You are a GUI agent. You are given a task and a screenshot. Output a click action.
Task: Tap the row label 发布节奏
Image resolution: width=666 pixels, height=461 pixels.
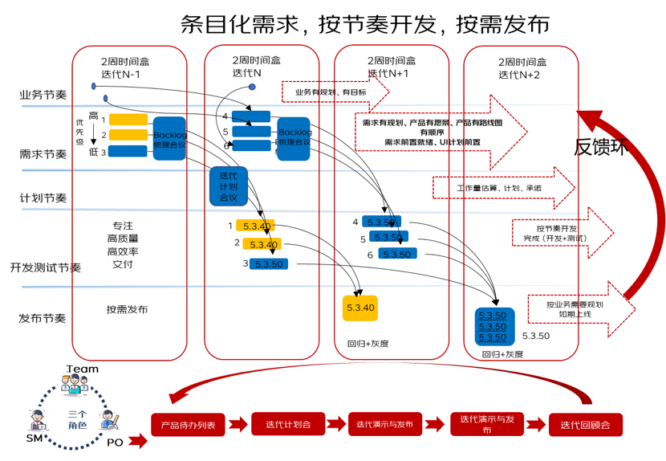pos(42,319)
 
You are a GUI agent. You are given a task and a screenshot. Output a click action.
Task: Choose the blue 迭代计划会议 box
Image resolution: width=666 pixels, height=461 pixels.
pos(228,187)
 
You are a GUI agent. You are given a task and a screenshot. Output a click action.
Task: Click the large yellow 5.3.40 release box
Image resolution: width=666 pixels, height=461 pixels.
pos(359,308)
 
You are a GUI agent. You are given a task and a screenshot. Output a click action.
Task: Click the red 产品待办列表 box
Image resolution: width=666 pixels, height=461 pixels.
pos(188,425)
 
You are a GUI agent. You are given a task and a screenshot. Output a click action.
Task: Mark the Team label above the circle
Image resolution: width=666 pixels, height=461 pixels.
pos(82,369)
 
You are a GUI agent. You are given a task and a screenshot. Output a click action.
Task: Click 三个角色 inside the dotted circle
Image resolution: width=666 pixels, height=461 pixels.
pos(77,418)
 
